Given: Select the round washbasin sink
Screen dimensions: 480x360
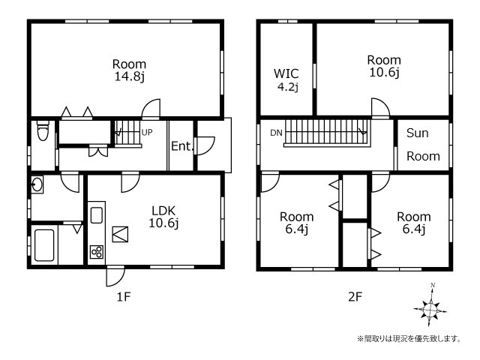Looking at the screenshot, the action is tap(37, 184).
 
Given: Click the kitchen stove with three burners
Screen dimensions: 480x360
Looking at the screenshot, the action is tap(97, 252).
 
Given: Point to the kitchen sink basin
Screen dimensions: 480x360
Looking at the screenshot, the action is tap(97, 215).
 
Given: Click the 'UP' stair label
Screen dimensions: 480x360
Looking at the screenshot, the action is tap(147, 133).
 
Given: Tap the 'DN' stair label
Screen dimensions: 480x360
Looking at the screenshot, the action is tap(276, 133).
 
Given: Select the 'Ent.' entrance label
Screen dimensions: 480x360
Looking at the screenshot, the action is tap(182, 146).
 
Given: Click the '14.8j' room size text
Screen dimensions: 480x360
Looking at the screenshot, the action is tap(130, 76).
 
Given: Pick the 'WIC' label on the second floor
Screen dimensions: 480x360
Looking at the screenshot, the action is tap(286, 73).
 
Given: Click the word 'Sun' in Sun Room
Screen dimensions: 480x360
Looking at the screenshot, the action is tap(417, 133).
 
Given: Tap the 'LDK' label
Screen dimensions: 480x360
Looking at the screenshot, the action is tap(163, 211).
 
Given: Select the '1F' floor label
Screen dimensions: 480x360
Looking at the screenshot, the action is tap(124, 296).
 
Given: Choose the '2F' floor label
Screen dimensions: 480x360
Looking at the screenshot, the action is tap(355, 296).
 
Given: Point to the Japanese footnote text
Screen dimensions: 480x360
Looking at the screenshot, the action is tap(409, 338).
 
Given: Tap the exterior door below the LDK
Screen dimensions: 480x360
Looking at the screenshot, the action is tap(115, 276).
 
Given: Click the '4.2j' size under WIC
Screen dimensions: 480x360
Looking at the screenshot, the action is tap(288, 87).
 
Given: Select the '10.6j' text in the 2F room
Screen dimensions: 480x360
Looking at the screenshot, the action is tap(384, 72).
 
